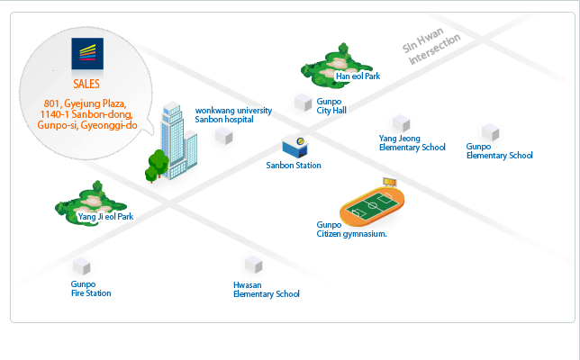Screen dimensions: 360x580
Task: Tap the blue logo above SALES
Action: pyautogui.click(x=86, y=55)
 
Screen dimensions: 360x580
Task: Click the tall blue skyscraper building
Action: pyautogui.click(x=177, y=139)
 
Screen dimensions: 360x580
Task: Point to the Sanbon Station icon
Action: pyautogui.click(x=295, y=145)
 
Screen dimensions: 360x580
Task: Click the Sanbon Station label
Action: pyautogui.click(x=294, y=166)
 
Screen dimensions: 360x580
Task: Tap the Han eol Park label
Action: pyautogui.click(x=358, y=76)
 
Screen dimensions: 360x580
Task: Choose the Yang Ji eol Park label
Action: pyautogui.click(x=105, y=217)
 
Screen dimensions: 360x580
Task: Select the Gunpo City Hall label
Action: pyautogui.click(x=331, y=106)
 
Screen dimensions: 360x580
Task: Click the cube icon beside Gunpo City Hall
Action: pyautogui.click(x=303, y=103)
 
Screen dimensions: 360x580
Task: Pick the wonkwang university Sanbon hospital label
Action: pyautogui.click(x=233, y=114)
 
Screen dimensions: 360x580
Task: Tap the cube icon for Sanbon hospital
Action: pyautogui.click(x=222, y=136)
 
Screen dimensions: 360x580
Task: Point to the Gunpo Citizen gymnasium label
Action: pyautogui.click(x=351, y=229)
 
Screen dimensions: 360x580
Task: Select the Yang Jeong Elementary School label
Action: pyautogui.click(x=412, y=143)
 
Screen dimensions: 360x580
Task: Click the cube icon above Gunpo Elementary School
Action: pyautogui.click(x=490, y=131)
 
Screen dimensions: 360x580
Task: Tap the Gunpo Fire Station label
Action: pyautogui.click(x=91, y=289)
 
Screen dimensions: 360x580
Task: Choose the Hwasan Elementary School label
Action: pyautogui.click(x=266, y=289)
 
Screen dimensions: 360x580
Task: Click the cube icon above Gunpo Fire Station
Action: pyautogui.click(x=82, y=265)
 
